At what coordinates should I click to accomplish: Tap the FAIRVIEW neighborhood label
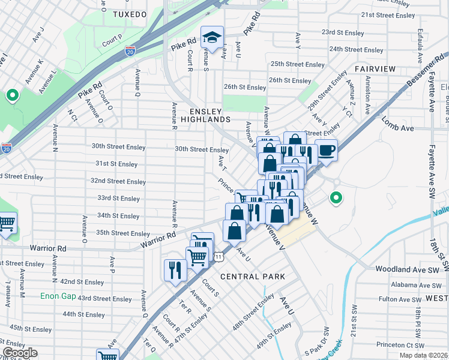[x=375, y=69]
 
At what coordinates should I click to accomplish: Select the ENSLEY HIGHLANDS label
[x=210, y=115]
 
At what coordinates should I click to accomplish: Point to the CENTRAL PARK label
[x=252, y=277]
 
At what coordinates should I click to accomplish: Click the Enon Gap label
[x=58, y=296]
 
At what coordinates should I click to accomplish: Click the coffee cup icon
[x=326, y=149]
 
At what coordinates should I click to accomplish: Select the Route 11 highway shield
[x=220, y=257]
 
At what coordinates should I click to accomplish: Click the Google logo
[x=19, y=353]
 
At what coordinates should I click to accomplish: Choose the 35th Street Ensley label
[x=123, y=233]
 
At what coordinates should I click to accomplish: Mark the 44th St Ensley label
[x=83, y=314]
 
